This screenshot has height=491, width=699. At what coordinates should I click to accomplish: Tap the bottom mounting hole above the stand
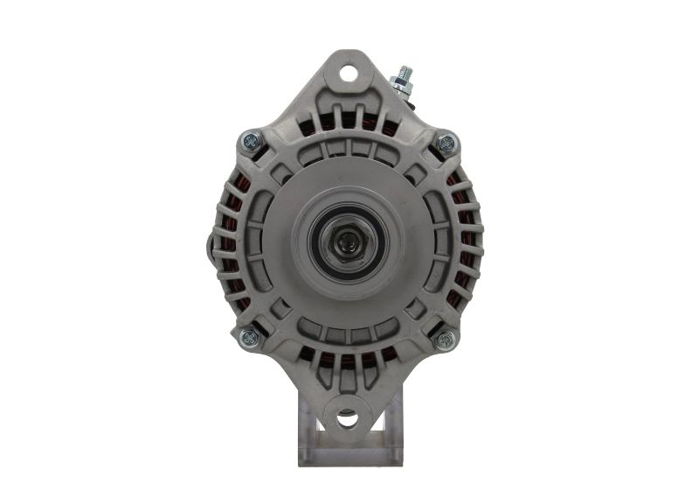348,417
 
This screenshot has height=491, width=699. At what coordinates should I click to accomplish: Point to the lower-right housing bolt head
445,337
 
